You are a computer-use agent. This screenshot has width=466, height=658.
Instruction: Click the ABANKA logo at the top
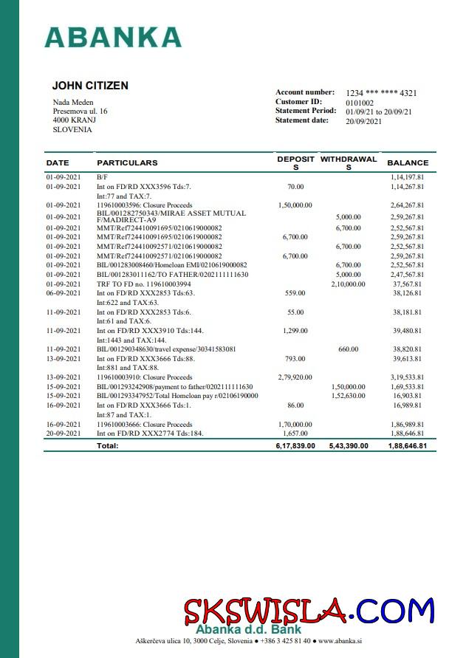click(113, 37)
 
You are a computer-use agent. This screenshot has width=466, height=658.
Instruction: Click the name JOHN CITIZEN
click(90, 86)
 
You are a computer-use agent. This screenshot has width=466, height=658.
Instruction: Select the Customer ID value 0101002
click(360, 103)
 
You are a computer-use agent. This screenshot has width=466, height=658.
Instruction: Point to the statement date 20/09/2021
click(363, 121)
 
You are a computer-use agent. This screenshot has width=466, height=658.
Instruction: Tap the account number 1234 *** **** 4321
click(381, 93)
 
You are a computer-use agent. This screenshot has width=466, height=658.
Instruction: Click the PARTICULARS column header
click(127, 162)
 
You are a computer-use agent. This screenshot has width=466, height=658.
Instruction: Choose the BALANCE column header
click(408, 162)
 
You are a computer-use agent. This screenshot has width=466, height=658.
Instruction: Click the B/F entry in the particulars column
click(101, 178)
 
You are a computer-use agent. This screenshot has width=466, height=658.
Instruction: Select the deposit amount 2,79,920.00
click(295, 377)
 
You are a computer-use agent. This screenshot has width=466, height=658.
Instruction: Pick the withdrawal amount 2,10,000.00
click(348, 284)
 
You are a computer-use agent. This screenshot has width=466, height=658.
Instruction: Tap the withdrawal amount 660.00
click(348, 349)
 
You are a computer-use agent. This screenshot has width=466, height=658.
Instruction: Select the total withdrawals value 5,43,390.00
click(348, 446)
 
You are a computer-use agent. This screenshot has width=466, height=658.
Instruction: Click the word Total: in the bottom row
click(108, 446)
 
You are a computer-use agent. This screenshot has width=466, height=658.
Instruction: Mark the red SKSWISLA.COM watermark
click(308, 611)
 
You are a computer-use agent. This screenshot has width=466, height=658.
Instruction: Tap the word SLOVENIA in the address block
click(72, 129)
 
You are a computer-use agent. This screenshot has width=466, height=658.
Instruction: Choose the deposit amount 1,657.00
click(295, 433)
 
